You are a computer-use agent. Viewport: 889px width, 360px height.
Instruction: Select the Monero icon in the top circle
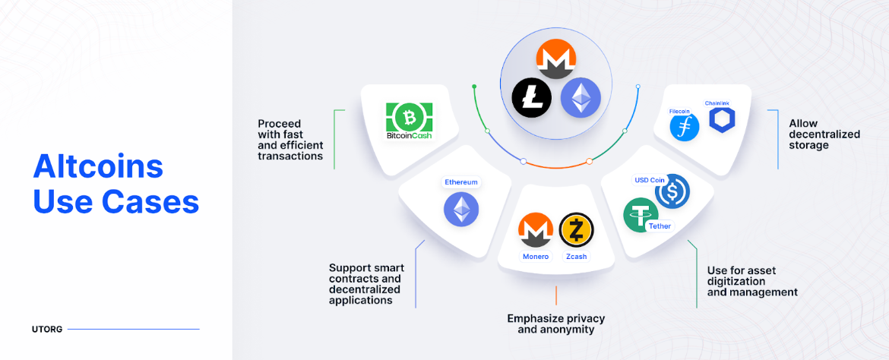pyautogui.click(x=556, y=58)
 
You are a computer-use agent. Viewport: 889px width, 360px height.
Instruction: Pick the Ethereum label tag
pyautogui.click(x=461, y=182)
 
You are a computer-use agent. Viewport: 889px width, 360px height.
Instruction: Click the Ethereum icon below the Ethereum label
pyautogui.click(x=461, y=209)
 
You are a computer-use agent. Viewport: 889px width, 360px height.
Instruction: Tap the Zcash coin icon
pyautogui.click(x=576, y=230)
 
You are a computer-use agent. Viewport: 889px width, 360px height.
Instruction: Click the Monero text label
pyautogui.click(x=535, y=257)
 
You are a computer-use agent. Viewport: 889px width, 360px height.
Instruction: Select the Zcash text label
pyautogui.click(x=576, y=257)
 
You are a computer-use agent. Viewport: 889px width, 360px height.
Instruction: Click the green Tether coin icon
pyautogui.click(x=641, y=214)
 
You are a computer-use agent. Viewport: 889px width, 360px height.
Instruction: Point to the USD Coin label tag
pyautogui.click(x=650, y=180)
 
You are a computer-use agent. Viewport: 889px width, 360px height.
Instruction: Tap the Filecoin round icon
pyautogui.click(x=684, y=127)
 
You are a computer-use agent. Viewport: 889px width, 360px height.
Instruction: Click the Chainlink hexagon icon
pyautogui.click(x=721, y=120)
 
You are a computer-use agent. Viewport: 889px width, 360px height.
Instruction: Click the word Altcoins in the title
pyautogui.click(x=98, y=166)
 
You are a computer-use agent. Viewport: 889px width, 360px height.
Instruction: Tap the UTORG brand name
pyautogui.click(x=47, y=329)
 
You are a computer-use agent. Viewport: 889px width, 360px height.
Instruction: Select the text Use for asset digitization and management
pyautogui.click(x=752, y=281)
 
